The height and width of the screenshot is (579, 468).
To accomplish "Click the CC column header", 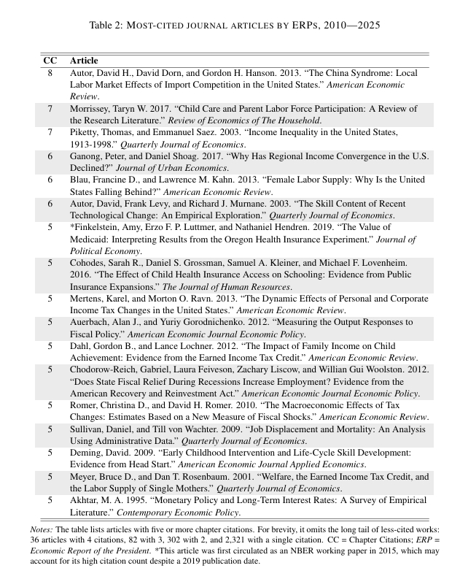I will [50, 60].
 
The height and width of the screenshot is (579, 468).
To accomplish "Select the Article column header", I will [84, 60].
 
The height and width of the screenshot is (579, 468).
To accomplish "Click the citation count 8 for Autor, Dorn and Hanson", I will [50, 73].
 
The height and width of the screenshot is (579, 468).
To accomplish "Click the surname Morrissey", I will [90, 108].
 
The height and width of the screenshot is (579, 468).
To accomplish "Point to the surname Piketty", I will [84, 132].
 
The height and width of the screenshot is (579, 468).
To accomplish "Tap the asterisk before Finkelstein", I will [71, 227].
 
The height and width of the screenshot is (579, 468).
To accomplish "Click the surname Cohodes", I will [88, 263].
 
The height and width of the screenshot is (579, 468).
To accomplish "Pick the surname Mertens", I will [87, 299].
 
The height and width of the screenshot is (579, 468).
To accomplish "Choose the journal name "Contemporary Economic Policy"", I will [196, 513].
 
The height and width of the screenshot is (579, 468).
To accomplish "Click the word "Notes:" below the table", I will [42, 529].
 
